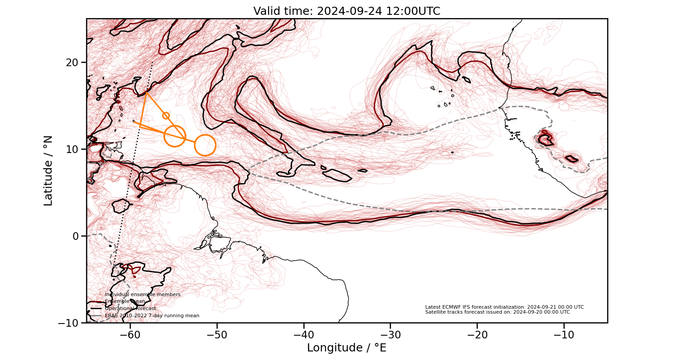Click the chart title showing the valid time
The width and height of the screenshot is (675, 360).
pos(346,11)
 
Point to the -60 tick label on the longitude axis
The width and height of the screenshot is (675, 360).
pos(130,335)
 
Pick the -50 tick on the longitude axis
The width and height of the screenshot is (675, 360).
pos(217,335)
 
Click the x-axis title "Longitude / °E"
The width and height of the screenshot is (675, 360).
pos(346,348)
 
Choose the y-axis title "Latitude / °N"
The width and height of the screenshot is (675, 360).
pos(48,171)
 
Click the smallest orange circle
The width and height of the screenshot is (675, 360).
pos(166,116)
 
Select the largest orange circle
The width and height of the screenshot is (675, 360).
pos(205,145)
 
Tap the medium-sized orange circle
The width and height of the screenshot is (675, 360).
pos(175,136)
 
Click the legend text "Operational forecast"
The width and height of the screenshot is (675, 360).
pos(130,309)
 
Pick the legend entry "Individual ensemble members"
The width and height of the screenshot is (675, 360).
pos(142,294)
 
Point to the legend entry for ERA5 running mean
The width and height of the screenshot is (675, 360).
pos(152,316)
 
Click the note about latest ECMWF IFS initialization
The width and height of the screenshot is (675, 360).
pos(504,307)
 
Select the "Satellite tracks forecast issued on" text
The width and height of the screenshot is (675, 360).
pos(497,312)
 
